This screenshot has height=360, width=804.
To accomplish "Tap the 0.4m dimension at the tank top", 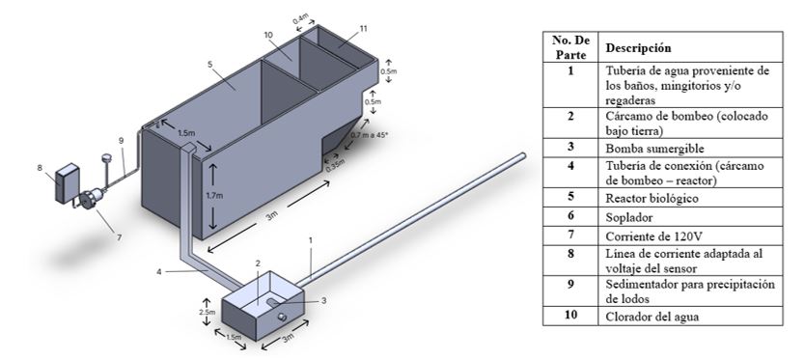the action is coord(300,20).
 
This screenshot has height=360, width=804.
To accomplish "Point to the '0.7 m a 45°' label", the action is coord(369,135).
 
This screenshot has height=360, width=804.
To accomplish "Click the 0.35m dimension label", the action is coord(334,166).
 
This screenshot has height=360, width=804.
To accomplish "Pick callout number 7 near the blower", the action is coord(119,237).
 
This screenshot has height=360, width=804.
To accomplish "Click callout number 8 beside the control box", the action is coord(40,167).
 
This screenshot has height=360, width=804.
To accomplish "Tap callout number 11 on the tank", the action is coord(363,29).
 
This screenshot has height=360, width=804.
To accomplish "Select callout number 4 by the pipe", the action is coord(159,272).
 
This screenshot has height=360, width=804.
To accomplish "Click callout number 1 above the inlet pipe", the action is coord(310,239).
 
